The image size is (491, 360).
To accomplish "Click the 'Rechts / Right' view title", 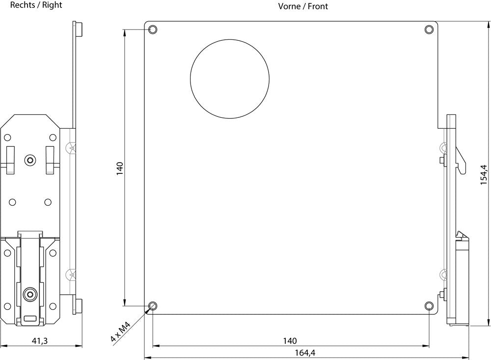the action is (36, 5).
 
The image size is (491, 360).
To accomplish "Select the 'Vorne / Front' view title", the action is (303, 6).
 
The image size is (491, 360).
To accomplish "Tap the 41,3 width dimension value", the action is (40, 340).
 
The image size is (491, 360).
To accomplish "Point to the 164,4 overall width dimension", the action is (305, 353).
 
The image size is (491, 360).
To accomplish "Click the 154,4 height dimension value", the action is (484, 174).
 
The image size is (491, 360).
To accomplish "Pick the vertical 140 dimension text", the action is (120, 168).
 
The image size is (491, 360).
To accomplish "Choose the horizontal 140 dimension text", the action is (290, 340).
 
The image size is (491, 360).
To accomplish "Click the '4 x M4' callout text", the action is (121, 332).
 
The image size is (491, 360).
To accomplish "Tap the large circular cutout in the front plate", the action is (229, 79).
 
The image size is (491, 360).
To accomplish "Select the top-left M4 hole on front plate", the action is (153, 29).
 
